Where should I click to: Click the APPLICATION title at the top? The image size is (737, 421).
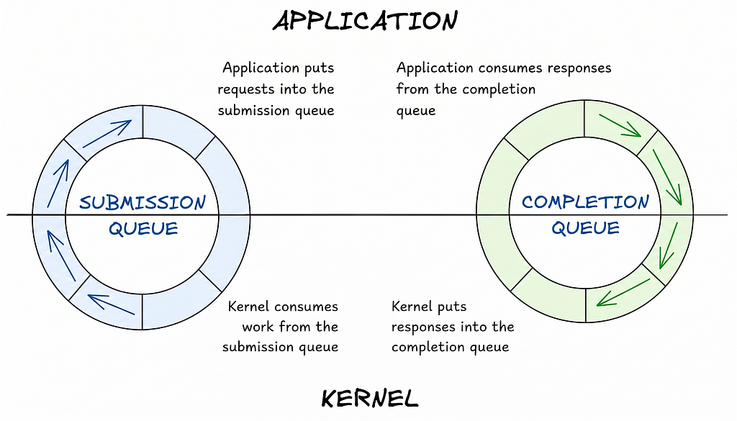click(x=365, y=20)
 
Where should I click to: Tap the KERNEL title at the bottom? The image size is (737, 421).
click(x=369, y=398)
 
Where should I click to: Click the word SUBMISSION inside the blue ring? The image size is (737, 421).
click(x=143, y=202)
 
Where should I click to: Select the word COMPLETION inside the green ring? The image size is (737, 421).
click(x=585, y=202)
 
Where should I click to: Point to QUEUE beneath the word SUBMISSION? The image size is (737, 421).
click(x=143, y=229)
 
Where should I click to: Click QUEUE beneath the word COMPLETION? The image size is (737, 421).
click(x=585, y=229)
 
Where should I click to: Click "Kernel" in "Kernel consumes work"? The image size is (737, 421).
click(x=248, y=307)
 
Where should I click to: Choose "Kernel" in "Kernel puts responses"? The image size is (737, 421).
click(x=412, y=307)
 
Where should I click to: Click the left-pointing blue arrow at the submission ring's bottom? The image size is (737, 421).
click(x=111, y=303)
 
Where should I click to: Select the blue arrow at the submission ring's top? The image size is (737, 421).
click(x=107, y=134)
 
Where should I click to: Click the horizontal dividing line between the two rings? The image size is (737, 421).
click(x=360, y=214)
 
